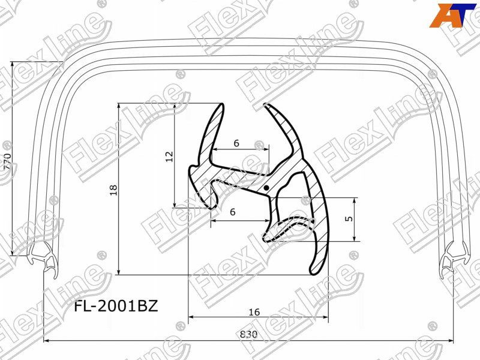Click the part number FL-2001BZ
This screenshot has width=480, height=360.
116,307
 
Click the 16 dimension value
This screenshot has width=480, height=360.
254,311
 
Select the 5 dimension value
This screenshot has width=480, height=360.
349,219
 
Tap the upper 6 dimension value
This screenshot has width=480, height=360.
236,143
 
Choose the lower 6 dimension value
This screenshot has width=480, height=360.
232,212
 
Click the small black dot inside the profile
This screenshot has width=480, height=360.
266,188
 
